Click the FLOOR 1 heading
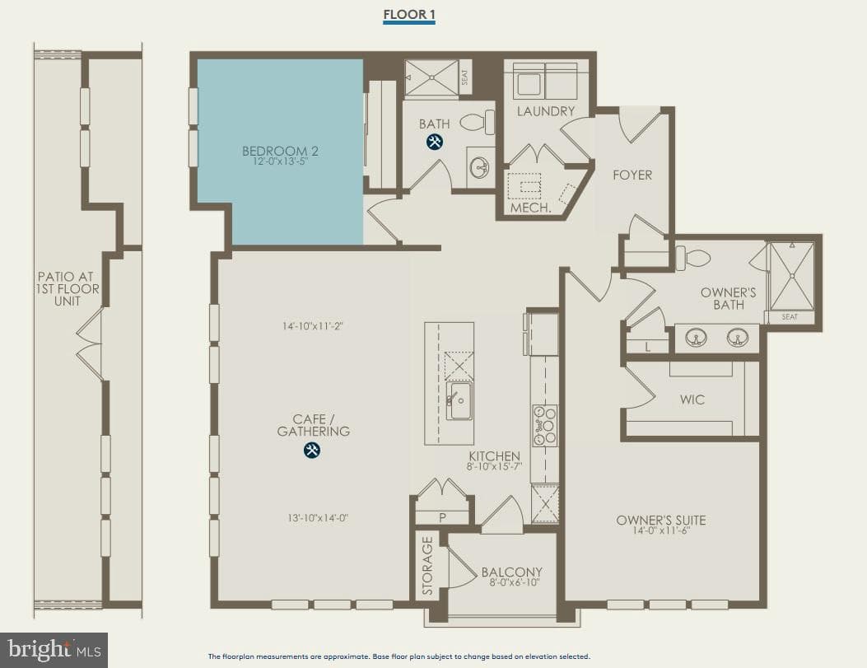pyautogui.click(x=409, y=14)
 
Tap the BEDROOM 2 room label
pyautogui.click(x=280, y=151)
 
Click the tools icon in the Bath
pyautogui.click(x=435, y=142)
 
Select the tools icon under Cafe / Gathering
pyautogui.click(x=312, y=450)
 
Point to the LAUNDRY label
pyautogui.click(x=546, y=111)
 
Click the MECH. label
pyautogui.click(x=530, y=208)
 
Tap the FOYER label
pyautogui.click(x=632, y=175)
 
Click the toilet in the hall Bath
pyautogui.click(x=478, y=122)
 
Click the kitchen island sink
pyautogui.click(x=459, y=399)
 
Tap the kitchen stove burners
pyautogui.click(x=545, y=425)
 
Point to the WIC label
pyautogui.click(x=692, y=399)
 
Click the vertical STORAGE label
pyautogui.click(x=427, y=566)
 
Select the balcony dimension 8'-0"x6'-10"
pyautogui.click(x=515, y=582)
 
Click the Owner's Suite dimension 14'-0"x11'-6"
pyautogui.click(x=661, y=531)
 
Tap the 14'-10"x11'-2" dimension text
pyautogui.click(x=312, y=326)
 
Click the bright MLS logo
pyautogui.click(x=54, y=650)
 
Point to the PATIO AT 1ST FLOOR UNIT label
pyautogui.click(x=68, y=288)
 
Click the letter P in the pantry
pyautogui.click(x=442, y=518)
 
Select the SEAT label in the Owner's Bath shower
pyautogui.click(x=790, y=317)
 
